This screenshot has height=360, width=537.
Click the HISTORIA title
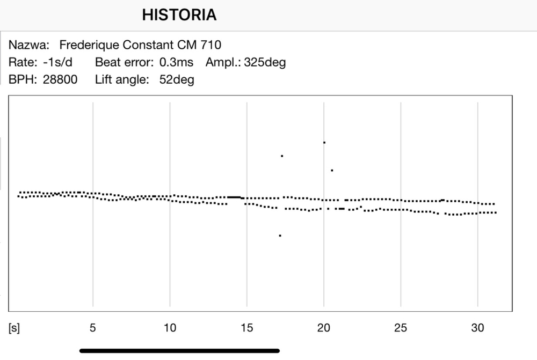179,15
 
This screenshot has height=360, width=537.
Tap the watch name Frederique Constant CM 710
140,45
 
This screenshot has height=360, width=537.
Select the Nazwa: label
29,45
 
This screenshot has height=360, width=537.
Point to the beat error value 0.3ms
177,62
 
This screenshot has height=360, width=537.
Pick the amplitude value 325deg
265,62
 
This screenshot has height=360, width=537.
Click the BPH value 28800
60,80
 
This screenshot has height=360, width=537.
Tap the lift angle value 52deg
177,80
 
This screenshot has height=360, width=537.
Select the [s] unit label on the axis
14,328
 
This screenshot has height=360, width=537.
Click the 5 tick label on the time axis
93,328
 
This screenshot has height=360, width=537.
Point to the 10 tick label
170,328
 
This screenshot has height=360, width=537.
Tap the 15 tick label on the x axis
246,328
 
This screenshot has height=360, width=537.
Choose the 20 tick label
324,328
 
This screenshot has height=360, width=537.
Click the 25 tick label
401,328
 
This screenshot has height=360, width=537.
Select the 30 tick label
477,328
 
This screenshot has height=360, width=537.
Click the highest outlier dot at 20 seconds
324,142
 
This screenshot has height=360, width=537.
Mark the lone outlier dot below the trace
280,236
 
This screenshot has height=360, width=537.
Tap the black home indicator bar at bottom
179,351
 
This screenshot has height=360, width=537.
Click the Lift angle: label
122,80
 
